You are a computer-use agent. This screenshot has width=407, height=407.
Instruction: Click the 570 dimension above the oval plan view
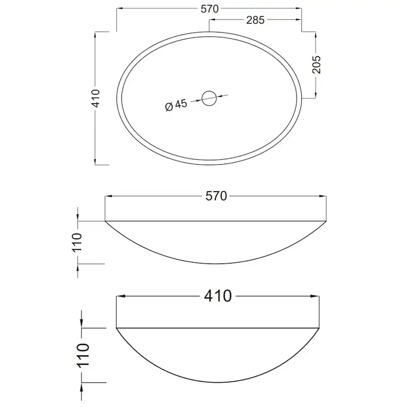(209, 9)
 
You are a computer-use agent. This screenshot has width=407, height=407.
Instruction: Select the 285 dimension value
(255, 20)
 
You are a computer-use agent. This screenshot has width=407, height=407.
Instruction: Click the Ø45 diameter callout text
(176, 105)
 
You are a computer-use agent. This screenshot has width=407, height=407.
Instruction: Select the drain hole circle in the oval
(209, 98)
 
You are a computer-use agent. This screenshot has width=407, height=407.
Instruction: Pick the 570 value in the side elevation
(216, 196)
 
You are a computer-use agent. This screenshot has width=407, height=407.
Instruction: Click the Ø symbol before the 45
(169, 107)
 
